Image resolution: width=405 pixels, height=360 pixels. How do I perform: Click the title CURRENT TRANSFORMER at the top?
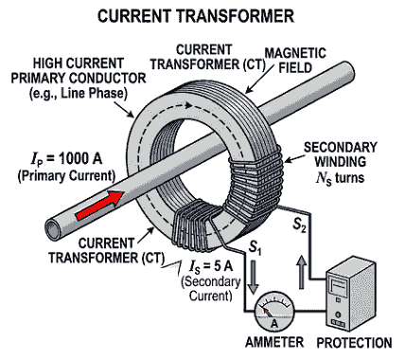202,15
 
